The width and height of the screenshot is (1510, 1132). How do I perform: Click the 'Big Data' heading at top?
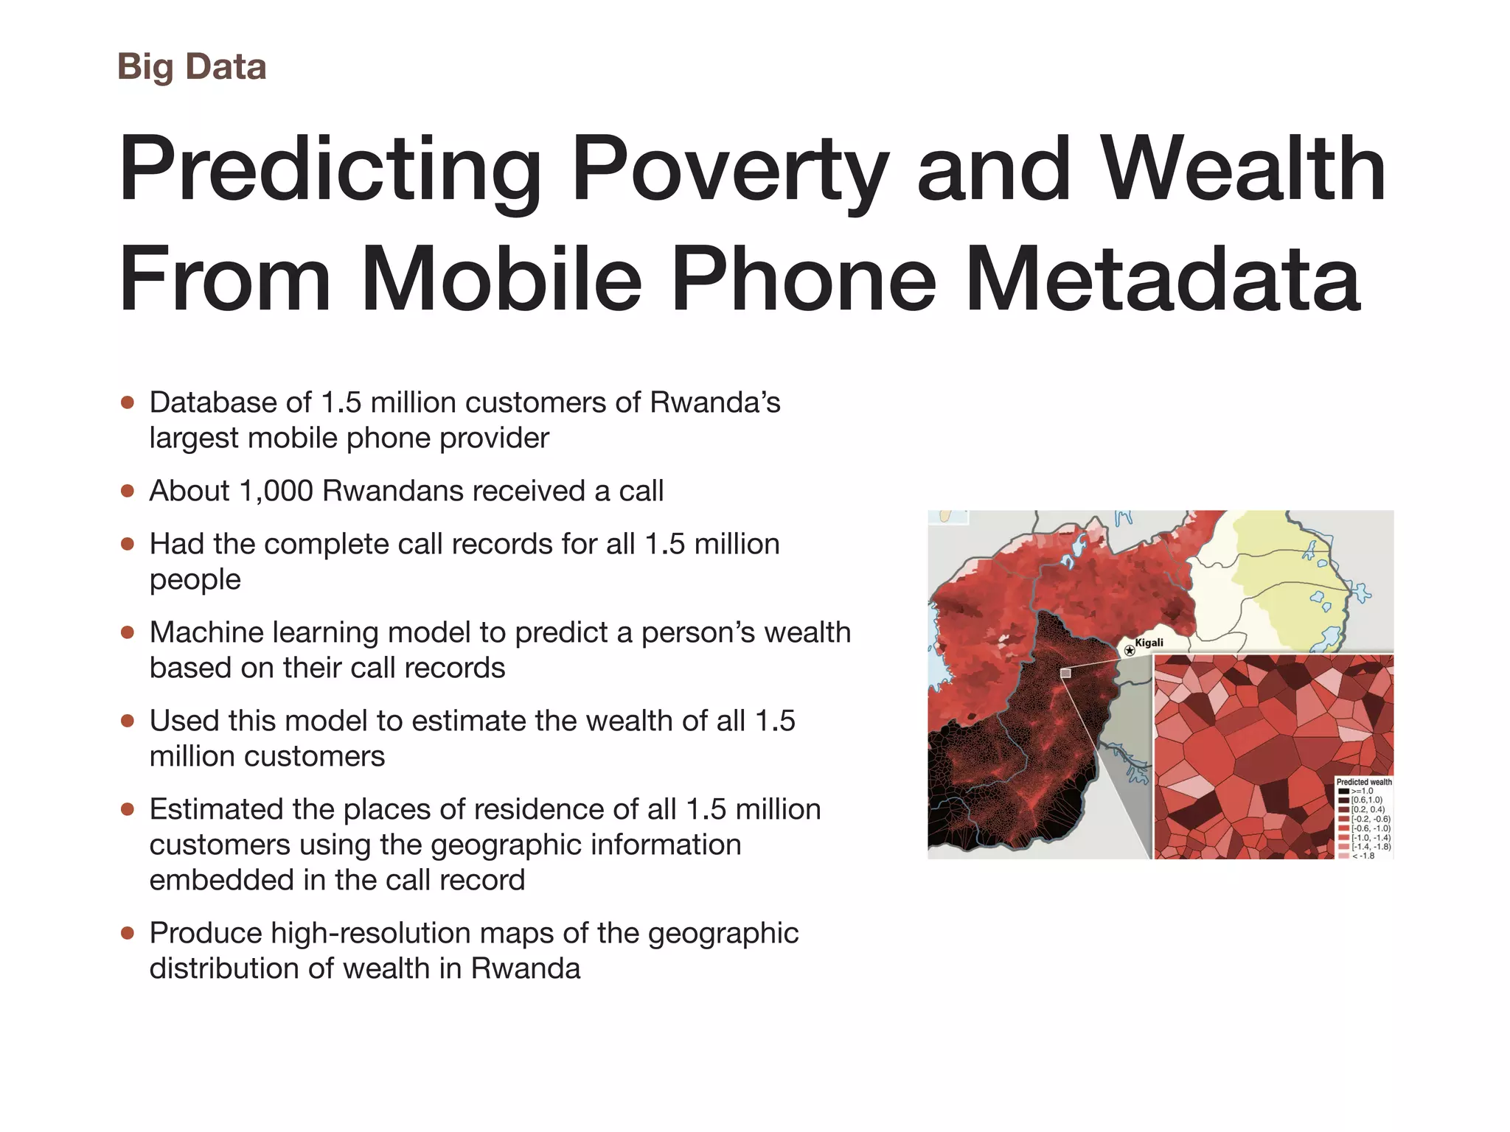[192, 67]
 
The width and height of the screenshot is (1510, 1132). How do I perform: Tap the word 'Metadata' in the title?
[1163, 279]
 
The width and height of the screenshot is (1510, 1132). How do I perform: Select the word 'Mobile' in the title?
[501, 279]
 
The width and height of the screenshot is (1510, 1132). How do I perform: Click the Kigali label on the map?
[1149, 643]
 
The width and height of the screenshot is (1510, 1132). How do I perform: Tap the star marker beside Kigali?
[1130, 651]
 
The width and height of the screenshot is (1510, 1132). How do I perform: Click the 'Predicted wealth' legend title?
[1364, 782]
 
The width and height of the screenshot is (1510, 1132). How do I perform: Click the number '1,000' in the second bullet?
[276, 491]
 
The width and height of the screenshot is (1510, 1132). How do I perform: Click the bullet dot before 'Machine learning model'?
[128, 632]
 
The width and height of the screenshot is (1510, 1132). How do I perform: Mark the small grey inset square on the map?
[1065, 673]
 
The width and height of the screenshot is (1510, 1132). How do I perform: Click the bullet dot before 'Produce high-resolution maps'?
[128, 933]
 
